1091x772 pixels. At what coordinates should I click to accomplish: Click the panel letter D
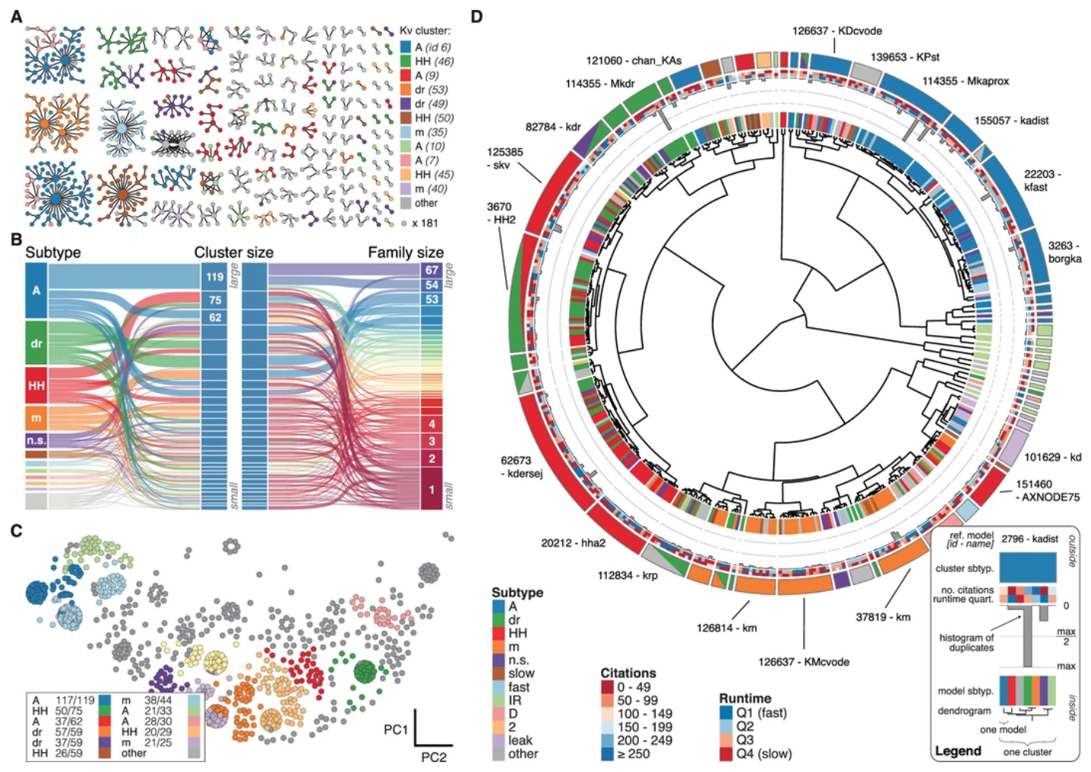476,15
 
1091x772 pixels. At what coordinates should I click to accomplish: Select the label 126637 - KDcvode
836,31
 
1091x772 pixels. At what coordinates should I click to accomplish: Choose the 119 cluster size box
215,277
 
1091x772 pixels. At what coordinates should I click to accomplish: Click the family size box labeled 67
432,271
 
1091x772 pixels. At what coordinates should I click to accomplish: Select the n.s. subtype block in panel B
36,440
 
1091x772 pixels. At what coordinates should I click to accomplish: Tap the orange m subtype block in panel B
36,418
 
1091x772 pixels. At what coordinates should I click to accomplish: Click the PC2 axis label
434,757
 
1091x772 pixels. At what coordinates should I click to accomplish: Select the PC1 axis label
396,729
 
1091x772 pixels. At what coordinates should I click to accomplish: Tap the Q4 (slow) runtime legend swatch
726,754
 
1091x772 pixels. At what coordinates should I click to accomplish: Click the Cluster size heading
233,252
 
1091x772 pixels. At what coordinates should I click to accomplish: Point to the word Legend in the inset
958,751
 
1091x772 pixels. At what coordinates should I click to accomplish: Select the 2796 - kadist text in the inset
1029,539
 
